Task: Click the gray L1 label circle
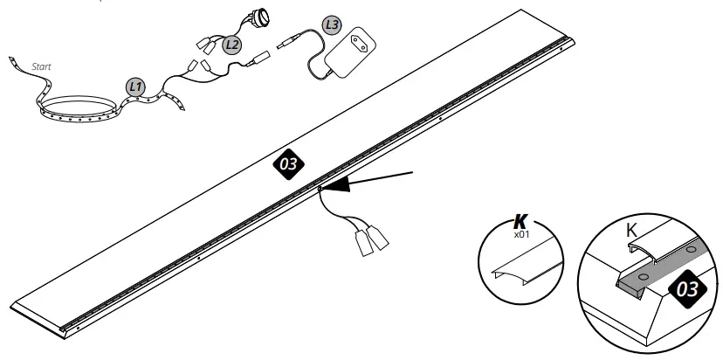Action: [x=135, y=87]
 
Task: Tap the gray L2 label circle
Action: [x=231, y=45]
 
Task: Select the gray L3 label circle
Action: [x=332, y=24]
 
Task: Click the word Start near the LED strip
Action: [x=41, y=66]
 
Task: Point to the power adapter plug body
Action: [x=350, y=52]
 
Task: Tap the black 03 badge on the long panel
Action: [x=289, y=164]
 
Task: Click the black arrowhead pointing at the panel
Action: [x=335, y=184]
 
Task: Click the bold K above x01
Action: [x=520, y=222]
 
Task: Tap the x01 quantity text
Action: [x=521, y=234]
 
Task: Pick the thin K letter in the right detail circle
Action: [x=631, y=231]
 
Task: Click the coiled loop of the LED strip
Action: [x=77, y=111]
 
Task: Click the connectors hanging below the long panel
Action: [x=371, y=240]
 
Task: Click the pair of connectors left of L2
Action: [x=207, y=45]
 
